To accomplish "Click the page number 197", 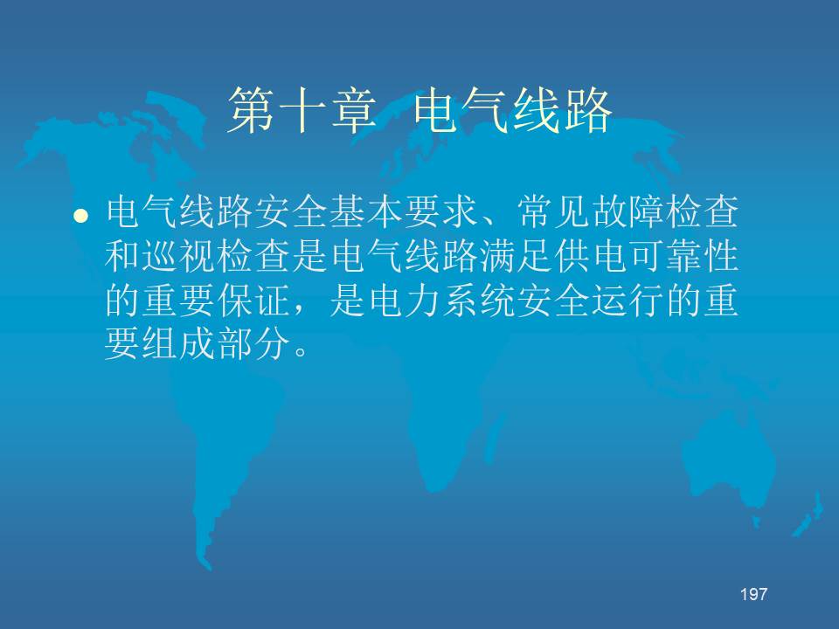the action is click(754, 594).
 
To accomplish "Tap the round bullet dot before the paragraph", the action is click(80, 215).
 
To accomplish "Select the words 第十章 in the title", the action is click(302, 111).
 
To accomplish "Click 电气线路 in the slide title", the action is click(513, 111).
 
